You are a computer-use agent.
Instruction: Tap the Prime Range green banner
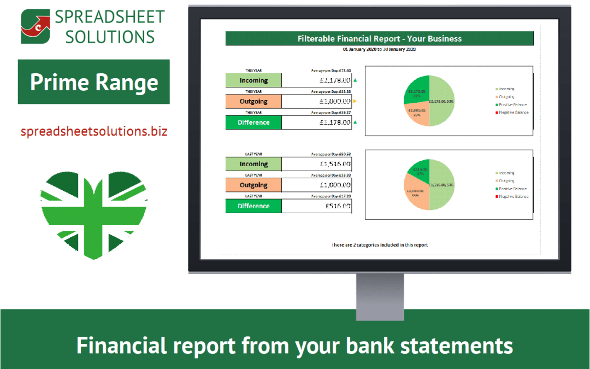pyautogui.click(x=93, y=82)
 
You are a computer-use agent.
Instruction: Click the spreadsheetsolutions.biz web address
pyautogui.click(x=93, y=132)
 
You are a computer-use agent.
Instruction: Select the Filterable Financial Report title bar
pyautogui.click(x=379, y=39)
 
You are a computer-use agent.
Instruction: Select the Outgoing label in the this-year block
pyautogui.click(x=253, y=102)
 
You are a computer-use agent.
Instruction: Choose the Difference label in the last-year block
pyautogui.click(x=253, y=206)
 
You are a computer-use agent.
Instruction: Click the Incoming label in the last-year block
pyautogui.click(x=253, y=164)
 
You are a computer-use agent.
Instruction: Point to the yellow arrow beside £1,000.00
pyautogui.click(x=355, y=101)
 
